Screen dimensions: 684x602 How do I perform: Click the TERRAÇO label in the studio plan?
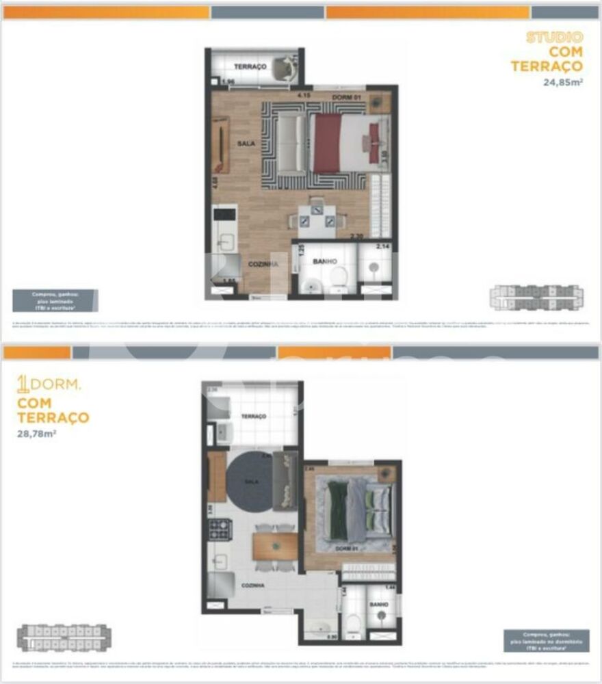click(x=250, y=66)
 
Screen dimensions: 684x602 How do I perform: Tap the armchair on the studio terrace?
click(x=281, y=68)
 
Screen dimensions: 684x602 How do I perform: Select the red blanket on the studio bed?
click(x=327, y=143)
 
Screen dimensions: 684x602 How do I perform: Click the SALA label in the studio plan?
click(x=246, y=144)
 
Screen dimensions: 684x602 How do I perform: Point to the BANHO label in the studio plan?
click(x=323, y=261)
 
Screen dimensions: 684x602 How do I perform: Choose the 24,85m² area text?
click(x=562, y=83)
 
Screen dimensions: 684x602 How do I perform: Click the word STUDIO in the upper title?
click(x=554, y=37)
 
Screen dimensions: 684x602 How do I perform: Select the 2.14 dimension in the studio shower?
click(x=383, y=246)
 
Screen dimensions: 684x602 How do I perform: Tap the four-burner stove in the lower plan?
click(x=220, y=527)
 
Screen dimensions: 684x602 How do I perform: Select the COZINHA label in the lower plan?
click(x=253, y=586)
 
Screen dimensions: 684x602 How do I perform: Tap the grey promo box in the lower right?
click(x=546, y=641)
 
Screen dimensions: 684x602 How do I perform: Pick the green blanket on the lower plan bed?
click(x=337, y=510)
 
